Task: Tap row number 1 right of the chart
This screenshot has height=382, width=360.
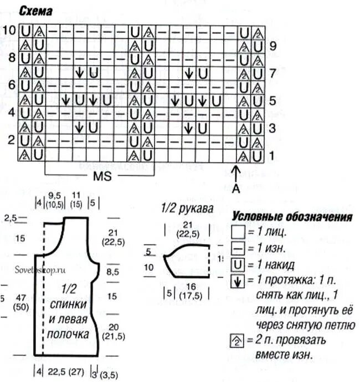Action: tap(271, 156)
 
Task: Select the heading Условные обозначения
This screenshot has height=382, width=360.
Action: tap(292, 216)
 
